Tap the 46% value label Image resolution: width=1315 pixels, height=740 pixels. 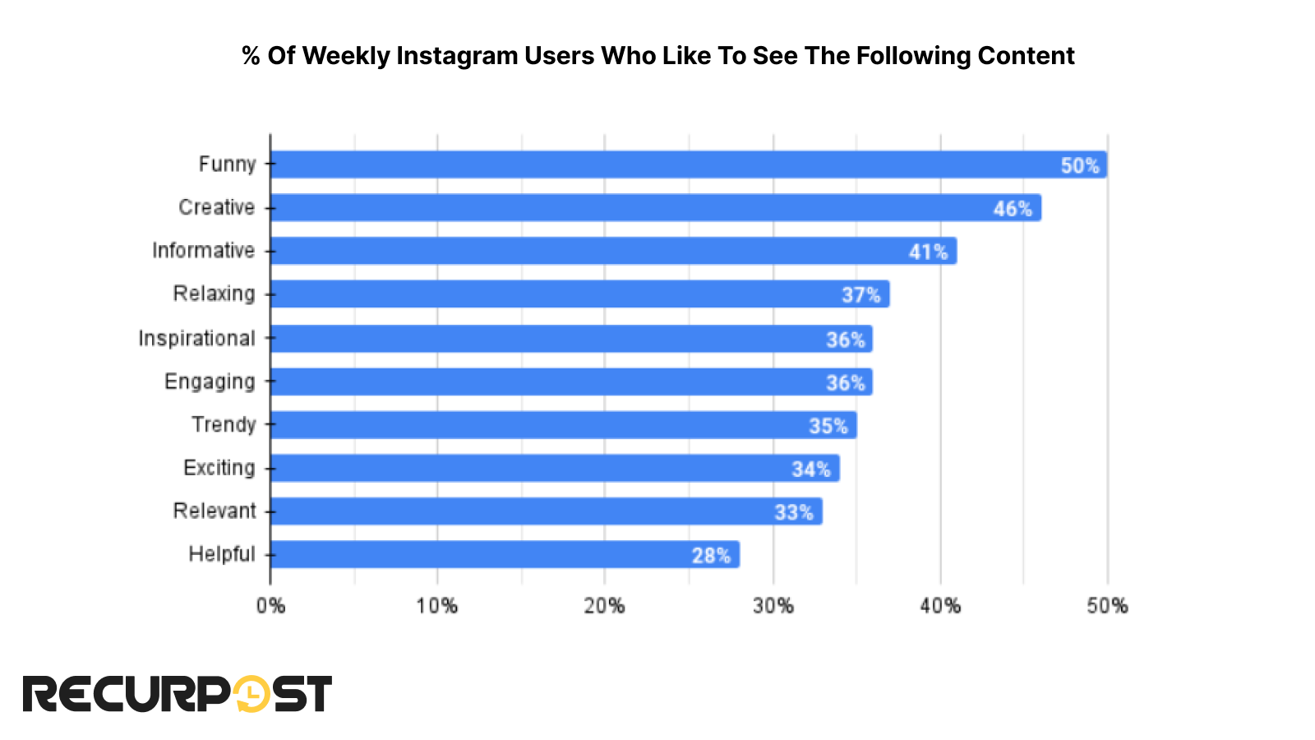[x=1013, y=209]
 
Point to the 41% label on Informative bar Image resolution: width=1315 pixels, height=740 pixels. [x=928, y=252]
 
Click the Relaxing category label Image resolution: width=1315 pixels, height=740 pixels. [x=214, y=294]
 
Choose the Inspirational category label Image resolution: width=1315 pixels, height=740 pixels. [x=196, y=339]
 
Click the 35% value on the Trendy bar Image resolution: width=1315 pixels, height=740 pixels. [x=828, y=426]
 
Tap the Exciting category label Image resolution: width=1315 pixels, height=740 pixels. [x=219, y=468]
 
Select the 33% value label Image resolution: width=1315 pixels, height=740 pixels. [x=793, y=512]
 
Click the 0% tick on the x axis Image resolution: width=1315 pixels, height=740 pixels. [x=270, y=607]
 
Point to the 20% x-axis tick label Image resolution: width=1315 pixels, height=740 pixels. [x=604, y=607]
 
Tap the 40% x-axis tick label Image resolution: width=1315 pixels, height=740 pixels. [x=940, y=607]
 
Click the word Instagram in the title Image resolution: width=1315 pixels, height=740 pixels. [x=457, y=56]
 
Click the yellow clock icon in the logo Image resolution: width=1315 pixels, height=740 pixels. [x=251, y=694]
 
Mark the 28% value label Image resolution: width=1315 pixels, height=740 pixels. [x=711, y=556]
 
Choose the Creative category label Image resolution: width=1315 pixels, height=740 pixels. [x=216, y=207]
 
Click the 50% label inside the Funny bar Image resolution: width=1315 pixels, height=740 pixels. [x=1079, y=166]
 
